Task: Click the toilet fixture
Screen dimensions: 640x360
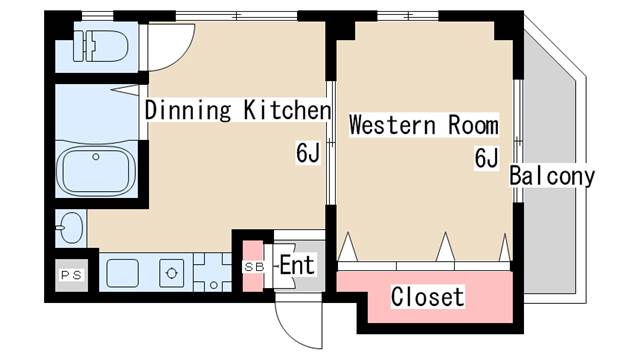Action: pyautogui.click(x=100, y=46)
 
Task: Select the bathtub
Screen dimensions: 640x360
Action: pyautogui.click(x=96, y=171)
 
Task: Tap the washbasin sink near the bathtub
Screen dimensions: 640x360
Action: pyautogui.click(x=70, y=228)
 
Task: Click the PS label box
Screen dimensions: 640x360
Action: pyautogui.click(x=72, y=275)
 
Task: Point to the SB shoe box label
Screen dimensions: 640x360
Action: pyautogui.click(x=254, y=267)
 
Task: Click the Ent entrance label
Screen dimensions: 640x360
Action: pyautogui.click(x=297, y=265)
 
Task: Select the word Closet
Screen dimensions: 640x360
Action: pyautogui.click(x=427, y=296)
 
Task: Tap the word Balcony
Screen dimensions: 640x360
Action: pyautogui.click(x=552, y=176)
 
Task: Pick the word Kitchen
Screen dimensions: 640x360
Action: pyautogui.click(x=287, y=110)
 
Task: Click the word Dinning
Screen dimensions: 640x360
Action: pyautogui.click(x=188, y=110)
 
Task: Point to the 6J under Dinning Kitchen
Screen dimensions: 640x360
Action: pyautogui.click(x=308, y=153)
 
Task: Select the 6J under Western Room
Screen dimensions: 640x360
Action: pyautogui.click(x=486, y=158)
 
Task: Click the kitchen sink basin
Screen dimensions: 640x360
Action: pyautogui.click(x=122, y=273)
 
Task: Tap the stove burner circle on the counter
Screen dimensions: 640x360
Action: pyautogui.click(x=171, y=273)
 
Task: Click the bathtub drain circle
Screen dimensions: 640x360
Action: pyautogui.click(x=96, y=156)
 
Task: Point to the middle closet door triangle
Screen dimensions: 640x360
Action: pyautogui.click(x=445, y=247)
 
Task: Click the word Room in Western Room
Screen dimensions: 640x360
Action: pyautogui.click(x=473, y=125)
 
